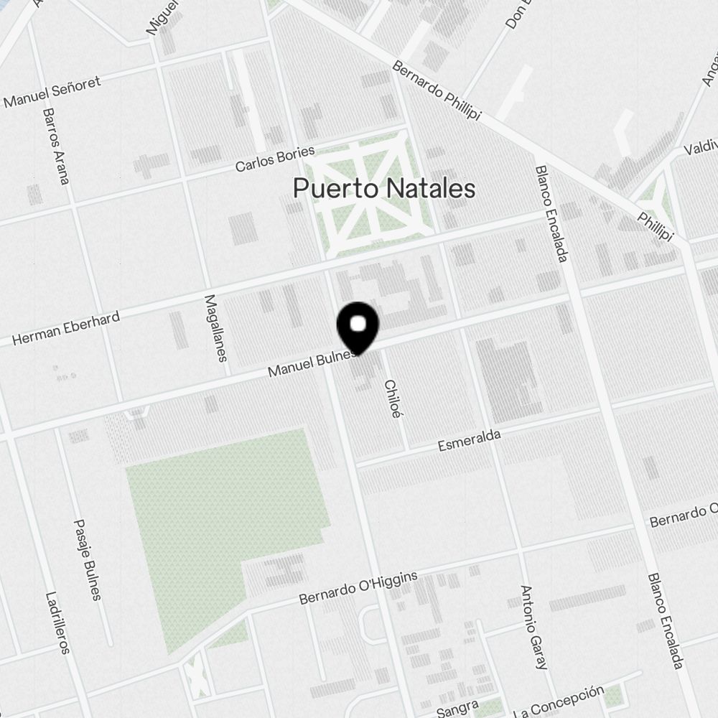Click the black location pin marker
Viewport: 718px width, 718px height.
358,327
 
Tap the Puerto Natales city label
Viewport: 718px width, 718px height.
384,189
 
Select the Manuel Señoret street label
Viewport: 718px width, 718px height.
52,92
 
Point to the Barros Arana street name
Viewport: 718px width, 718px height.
55,146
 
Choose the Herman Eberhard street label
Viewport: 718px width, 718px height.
65,328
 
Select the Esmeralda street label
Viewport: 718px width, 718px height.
469,441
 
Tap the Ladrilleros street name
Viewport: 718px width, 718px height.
57,622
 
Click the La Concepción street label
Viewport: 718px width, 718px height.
559,701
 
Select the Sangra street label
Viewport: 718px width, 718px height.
457,710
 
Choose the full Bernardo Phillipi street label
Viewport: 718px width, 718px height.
437,90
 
